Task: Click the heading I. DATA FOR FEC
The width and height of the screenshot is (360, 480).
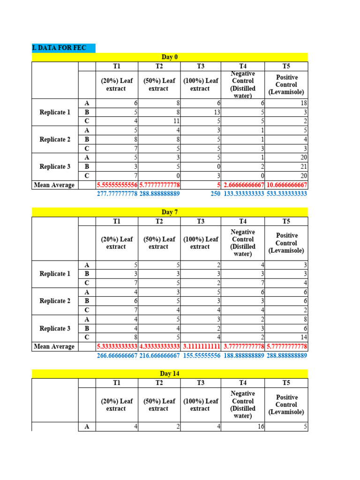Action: (x=55, y=48)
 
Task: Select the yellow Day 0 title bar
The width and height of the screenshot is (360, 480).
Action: (x=170, y=57)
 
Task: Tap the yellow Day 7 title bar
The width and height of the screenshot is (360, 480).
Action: (x=170, y=212)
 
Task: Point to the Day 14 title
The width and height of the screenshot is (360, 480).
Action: (x=170, y=374)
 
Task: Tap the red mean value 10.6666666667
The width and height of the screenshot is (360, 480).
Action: (x=286, y=185)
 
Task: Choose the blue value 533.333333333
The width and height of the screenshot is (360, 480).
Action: (x=286, y=194)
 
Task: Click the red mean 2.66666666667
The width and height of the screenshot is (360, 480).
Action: (x=244, y=185)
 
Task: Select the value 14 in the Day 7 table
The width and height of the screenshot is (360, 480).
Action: (x=302, y=337)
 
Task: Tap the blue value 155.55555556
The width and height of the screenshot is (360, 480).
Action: (x=201, y=355)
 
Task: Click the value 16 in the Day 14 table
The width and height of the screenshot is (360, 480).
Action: (x=257, y=427)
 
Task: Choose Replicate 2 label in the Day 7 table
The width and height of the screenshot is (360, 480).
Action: (x=55, y=301)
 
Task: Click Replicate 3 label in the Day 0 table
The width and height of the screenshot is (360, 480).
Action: (x=55, y=167)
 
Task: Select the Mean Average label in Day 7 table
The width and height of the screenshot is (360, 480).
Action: (x=54, y=346)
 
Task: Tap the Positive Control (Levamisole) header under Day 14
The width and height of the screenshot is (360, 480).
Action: (x=286, y=404)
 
